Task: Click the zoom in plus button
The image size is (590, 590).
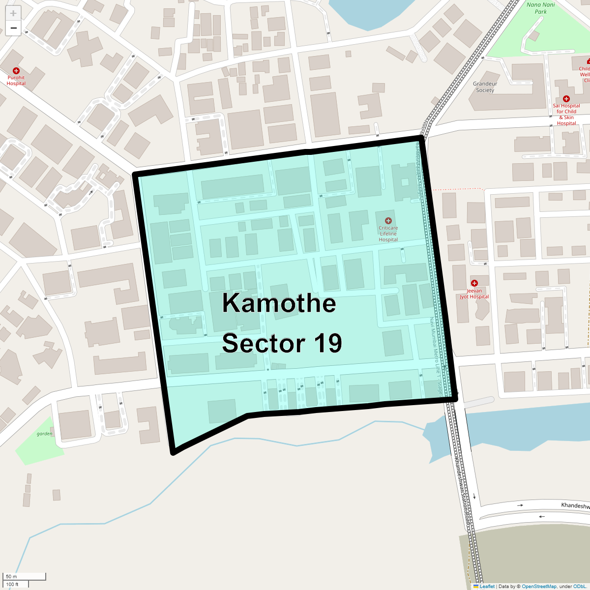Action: tap(13, 13)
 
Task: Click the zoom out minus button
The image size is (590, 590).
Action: tap(13, 28)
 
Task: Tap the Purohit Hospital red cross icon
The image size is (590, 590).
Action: tap(16, 71)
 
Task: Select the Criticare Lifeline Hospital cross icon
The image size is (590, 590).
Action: tap(388, 221)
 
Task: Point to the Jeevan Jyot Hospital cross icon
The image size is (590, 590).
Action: tap(474, 283)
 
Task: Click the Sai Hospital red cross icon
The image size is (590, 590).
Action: tap(566, 99)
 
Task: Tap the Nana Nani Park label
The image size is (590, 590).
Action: tap(540, 8)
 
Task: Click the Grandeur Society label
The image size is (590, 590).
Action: tap(485, 87)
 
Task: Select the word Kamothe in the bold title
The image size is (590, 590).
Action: tap(279, 303)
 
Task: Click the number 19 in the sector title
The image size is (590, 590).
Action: tap(328, 343)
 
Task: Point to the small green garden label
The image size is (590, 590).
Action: tap(44, 434)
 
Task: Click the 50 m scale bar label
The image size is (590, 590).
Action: tap(11, 576)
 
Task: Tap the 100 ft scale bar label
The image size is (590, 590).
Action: tap(12, 584)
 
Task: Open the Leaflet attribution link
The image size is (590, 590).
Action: tap(487, 586)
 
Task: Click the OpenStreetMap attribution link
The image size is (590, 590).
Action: tap(539, 586)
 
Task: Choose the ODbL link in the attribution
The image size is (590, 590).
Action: tap(579, 586)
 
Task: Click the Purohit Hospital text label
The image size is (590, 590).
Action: tap(16, 81)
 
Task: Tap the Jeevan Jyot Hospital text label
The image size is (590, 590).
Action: tap(474, 294)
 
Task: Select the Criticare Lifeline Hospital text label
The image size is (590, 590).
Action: tap(388, 234)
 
